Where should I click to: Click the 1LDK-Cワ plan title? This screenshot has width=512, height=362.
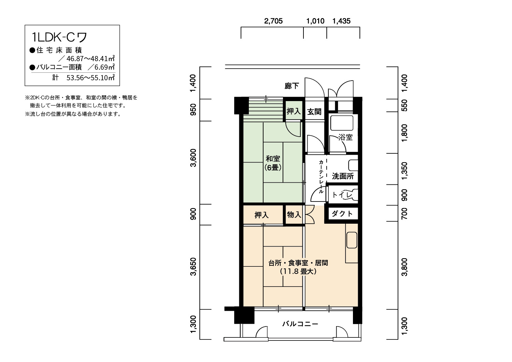click(59, 37)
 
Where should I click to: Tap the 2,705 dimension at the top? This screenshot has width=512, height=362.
click(273, 21)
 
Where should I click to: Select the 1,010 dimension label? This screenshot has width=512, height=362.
click(315, 21)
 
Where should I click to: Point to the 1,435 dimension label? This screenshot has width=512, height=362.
click(341, 21)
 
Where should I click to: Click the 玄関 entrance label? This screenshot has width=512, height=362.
click(314, 112)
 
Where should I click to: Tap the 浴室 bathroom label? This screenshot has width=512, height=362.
click(345, 137)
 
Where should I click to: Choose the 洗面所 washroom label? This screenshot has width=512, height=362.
click(343, 176)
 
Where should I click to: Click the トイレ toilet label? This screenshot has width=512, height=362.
click(342, 195)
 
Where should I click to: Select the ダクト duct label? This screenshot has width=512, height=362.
click(342, 213)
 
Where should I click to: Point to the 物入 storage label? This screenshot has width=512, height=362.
click(294, 214)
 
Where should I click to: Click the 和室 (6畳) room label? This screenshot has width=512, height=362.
click(273, 163)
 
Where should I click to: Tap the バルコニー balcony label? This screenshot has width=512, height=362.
click(300, 324)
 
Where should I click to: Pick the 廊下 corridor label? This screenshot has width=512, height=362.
click(291, 86)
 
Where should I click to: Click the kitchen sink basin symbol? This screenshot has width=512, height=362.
click(352, 240)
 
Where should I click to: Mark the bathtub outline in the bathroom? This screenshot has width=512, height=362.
click(341, 123)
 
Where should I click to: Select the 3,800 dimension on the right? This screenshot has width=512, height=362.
click(404, 267)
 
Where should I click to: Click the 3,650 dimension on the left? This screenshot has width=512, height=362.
click(194, 267)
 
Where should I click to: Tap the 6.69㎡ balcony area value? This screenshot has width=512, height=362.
click(105, 67)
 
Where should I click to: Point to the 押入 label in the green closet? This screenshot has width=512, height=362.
click(294, 111)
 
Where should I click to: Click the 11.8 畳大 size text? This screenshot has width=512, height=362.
click(298, 271)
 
